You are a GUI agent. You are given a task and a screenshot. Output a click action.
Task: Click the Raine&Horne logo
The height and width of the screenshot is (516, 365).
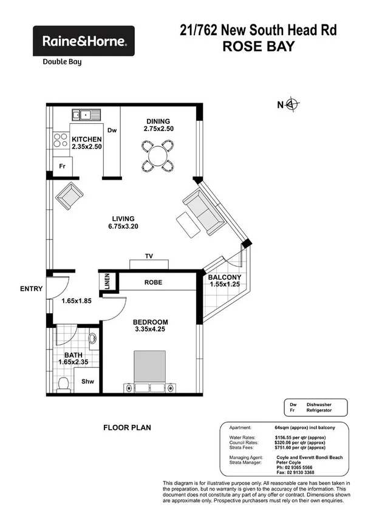pyautogui.click(x=84, y=41)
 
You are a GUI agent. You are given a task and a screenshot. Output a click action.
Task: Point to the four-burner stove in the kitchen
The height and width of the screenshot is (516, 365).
pyautogui.click(x=61, y=140)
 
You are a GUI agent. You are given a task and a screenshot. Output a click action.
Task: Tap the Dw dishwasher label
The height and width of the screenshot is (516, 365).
pyautogui.click(x=111, y=130)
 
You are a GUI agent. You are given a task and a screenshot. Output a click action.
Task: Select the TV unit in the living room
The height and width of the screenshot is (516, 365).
pyautogui.click(x=149, y=263)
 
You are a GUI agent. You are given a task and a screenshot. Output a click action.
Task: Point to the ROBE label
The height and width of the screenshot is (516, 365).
pyautogui.click(x=152, y=282)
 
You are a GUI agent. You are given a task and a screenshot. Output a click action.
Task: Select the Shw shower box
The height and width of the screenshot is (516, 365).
pyautogui.click(x=87, y=382)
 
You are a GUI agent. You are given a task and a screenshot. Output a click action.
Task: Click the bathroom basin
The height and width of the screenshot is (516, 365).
pyautogui.click(x=93, y=338)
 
